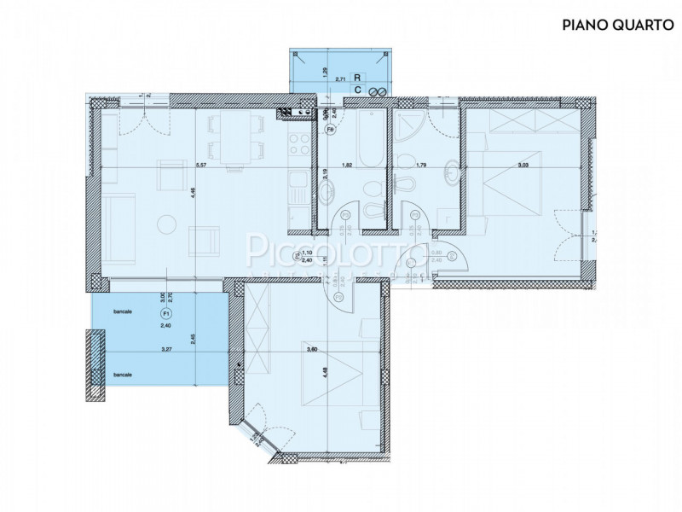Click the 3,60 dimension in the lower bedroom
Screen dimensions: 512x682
click(312, 348)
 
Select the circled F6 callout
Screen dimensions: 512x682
click(330, 130)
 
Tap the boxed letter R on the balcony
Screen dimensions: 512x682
click(359, 77)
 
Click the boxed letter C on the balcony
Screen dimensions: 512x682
click(359, 89)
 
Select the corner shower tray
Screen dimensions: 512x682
click(409, 128)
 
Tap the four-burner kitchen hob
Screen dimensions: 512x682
click(298, 143)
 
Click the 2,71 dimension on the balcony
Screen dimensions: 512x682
click(339, 79)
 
